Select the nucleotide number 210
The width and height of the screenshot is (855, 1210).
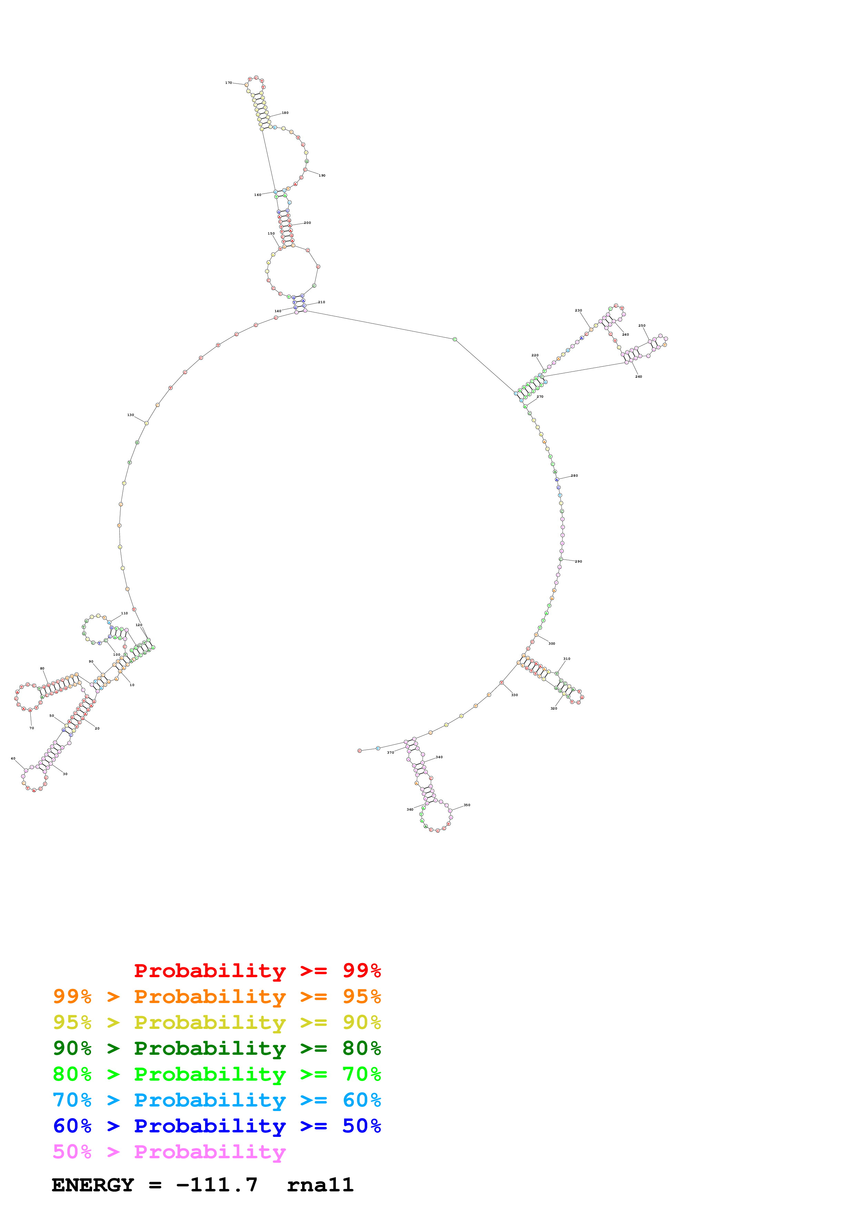point(321,302)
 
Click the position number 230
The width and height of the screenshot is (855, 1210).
point(578,310)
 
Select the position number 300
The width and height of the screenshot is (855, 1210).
point(551,644)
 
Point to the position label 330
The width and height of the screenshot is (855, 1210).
point(514,695)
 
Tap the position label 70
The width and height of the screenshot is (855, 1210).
point(32,728)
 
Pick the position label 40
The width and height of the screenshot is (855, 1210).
point(13,758)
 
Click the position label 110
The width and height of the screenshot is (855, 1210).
point(124,613)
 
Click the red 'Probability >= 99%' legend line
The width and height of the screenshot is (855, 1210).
point(257,971)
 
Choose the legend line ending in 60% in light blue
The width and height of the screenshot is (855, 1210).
point(217,1100)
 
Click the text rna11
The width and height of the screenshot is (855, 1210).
point(320,1185)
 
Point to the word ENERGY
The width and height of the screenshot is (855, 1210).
point(93,1185)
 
